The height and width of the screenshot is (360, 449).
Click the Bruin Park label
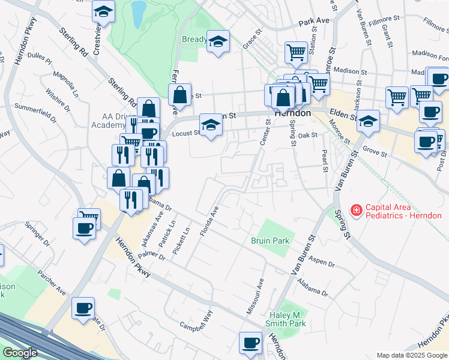point(270,241)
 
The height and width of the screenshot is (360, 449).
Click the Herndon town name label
point(292,113)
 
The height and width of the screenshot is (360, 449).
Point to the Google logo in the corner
point(20,353)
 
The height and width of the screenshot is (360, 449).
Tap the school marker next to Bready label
point(218,41)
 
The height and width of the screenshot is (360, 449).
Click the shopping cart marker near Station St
point(296,52)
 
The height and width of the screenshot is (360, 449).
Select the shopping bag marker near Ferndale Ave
point(179,95)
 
